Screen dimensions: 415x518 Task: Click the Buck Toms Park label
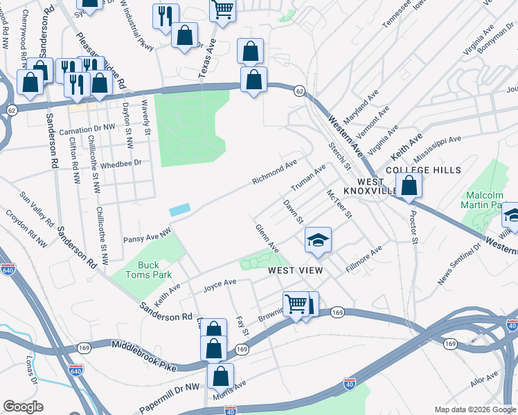(148, 270)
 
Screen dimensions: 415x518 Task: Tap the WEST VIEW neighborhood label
(296, 270)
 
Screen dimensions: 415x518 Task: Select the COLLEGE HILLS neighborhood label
(413, 170)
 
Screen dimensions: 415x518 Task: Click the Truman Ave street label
(308, 179)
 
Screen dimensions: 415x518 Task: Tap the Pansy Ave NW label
(146, 239)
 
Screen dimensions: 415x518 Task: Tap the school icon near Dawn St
(318, 240)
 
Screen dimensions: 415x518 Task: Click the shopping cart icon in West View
(296, 304)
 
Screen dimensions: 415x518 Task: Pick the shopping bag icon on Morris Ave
(221, 376)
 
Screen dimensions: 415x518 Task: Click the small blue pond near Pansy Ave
(179, 209)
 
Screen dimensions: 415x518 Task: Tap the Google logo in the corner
(23, 407)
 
